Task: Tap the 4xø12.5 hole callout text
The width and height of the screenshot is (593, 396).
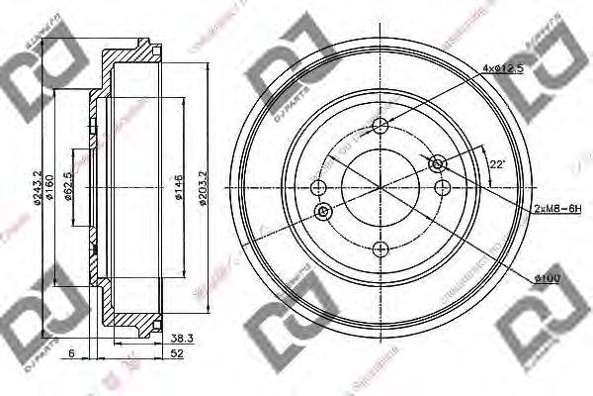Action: (x=504, y=68)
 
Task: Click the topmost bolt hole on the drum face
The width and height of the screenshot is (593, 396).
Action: (x=381, y=125)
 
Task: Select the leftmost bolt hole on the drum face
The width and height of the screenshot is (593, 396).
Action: (x=317, y=189)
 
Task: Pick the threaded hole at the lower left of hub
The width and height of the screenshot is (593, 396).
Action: (x=323, y=212)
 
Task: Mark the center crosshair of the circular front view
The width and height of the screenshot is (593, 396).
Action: (x=381, y=188)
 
